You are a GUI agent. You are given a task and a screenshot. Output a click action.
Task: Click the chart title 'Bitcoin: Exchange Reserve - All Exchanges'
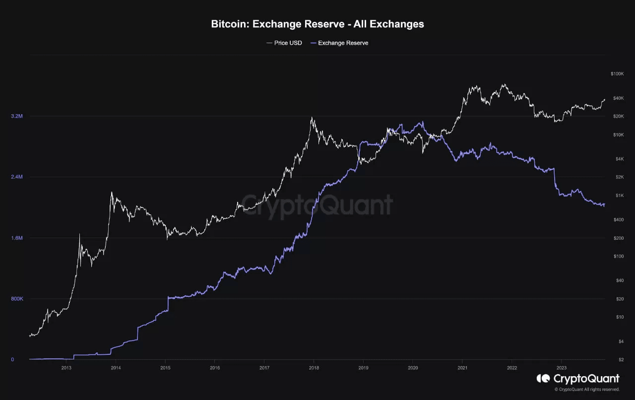click(317, 24)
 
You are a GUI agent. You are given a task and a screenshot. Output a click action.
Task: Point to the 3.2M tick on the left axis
click(17, 116)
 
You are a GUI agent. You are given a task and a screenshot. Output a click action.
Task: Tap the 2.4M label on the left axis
click(17, 177)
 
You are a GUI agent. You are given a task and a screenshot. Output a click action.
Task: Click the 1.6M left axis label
click(17, 238)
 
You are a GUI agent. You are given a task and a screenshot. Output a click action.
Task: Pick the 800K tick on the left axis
click(17, 299)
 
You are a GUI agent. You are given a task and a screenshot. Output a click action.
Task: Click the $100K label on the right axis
click(617, 74)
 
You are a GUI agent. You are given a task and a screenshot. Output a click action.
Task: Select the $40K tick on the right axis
click(618, 98)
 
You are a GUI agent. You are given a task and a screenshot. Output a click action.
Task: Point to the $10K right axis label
click(618, 135)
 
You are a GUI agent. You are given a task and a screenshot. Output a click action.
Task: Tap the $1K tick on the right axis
click(619, 196)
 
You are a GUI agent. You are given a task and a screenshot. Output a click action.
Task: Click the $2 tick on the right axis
click(620, 360)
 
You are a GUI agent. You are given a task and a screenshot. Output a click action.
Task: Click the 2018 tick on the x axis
click(314, 368)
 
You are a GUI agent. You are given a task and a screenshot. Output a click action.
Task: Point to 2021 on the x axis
click(462, 368)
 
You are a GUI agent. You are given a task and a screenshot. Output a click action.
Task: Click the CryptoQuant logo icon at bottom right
click(543, 379)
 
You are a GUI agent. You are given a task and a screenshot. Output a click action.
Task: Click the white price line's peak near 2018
click(312, 118)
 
